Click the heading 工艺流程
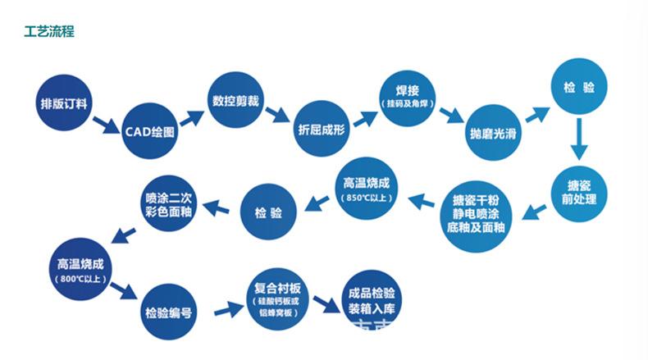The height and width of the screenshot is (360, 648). tap(48, 32)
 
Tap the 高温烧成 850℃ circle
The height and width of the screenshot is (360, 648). tap(365, 187)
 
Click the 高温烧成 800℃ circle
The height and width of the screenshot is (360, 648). tap(80, 269)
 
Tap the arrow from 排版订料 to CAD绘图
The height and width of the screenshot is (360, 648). tap(105, 125)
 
